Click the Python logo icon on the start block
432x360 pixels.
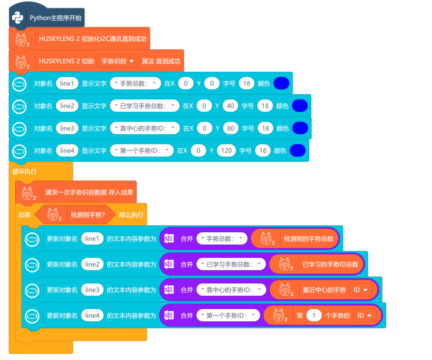tap(18, 18)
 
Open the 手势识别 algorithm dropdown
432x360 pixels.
tap(118, 61)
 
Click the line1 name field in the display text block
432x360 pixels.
tap(67, 83)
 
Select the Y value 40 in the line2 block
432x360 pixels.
tap(230, 106)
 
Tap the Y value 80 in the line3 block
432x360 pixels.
tap(231, 128)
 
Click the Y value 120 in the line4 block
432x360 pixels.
tap(226, 151)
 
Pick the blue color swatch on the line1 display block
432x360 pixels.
tap(281, 83)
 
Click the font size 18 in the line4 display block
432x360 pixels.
tap(263, 151)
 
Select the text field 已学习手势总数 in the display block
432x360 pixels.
tap(145, 106)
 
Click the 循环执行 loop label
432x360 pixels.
tap(24, 172)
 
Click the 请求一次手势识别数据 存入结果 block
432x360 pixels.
tap(89, 192)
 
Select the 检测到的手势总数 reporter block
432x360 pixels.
tap(308, 239)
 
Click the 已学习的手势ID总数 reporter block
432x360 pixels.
tap(330, 265)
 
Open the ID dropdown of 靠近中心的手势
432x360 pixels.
tap(361, 290)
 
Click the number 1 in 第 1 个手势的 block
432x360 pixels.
tap(314, 315)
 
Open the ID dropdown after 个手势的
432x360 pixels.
tap(365, 315)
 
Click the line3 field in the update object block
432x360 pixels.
tap(92, 290)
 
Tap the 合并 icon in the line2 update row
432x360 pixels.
tap(169, 264)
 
